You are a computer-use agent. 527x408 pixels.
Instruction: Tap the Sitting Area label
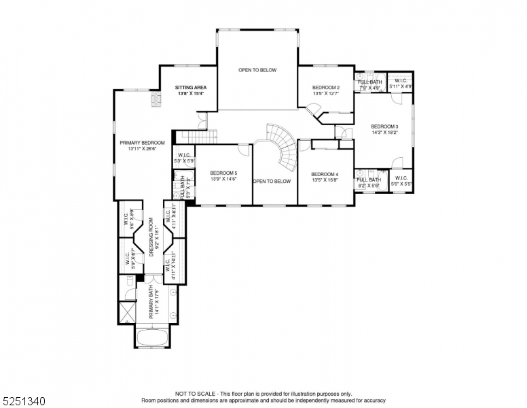tap(191, 88)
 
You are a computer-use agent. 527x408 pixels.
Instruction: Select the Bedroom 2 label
tap(325, 88)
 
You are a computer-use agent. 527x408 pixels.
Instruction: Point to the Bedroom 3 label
tap(384, 126)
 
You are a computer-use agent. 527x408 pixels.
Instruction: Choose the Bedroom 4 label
tap(324, 174)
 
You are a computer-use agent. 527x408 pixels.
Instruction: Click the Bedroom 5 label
tap(223, 173)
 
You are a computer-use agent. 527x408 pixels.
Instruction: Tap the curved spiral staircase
tap(285, 146)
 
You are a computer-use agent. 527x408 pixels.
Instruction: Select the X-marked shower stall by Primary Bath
tap(126, 312)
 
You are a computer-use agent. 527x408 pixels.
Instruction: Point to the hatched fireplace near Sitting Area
tap(156, 101)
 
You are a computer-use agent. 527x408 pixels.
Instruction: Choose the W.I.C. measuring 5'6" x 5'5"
tap(401, 180)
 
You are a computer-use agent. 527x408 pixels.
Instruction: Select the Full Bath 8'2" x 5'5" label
tap(369, 180)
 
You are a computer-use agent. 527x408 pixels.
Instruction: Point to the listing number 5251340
tap(24, 401)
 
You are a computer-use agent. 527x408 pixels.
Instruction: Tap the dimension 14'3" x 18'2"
tap(384, 133)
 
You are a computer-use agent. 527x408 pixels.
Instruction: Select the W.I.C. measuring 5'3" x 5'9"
tap(183, 157)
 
